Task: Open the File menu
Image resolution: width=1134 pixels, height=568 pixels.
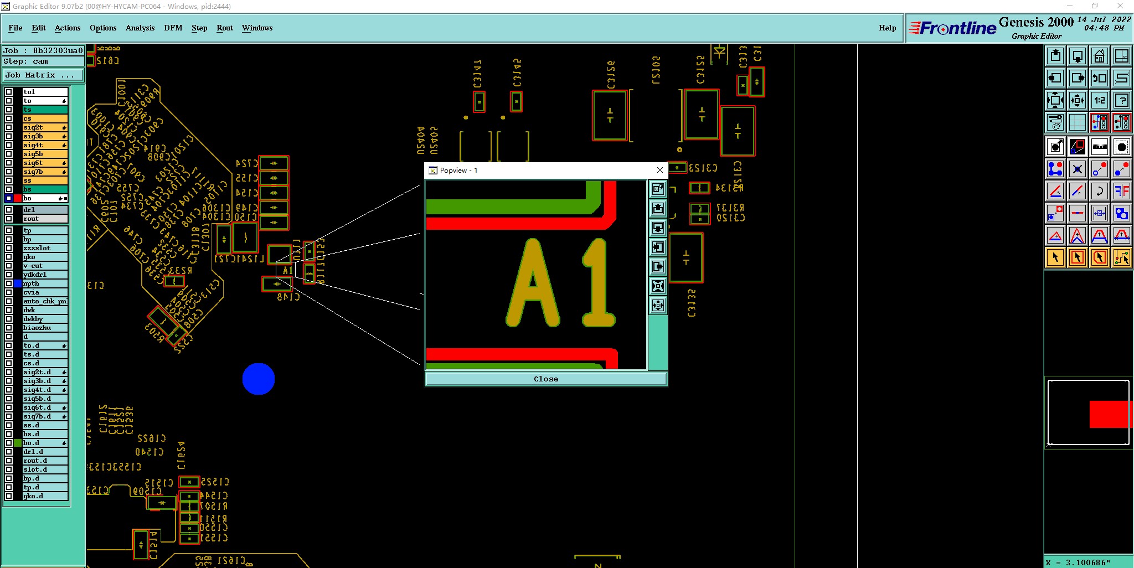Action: (16, 28)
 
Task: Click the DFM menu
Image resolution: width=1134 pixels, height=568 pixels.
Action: (173, 28)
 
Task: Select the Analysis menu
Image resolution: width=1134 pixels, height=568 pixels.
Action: (140, 28)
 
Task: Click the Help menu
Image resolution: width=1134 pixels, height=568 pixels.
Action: (887, 28)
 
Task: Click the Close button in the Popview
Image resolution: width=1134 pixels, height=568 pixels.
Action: (545, 379)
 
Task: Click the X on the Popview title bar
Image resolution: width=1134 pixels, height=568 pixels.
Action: (659, 170)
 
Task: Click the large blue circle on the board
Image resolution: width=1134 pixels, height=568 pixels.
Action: (259, 379)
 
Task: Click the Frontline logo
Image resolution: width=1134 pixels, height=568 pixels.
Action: (958, 28)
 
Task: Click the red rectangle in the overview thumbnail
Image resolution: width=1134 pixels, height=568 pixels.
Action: (1109, 415)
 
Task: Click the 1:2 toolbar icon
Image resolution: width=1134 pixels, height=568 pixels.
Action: (1099, 100)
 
